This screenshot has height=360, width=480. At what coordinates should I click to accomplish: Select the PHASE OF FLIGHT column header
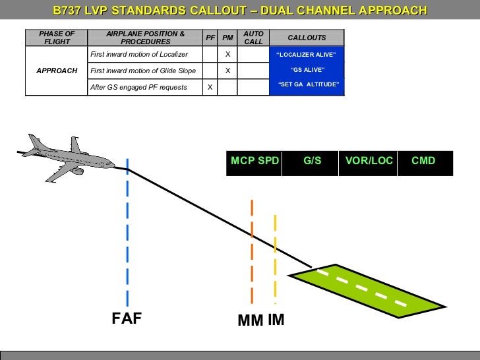point(57,38)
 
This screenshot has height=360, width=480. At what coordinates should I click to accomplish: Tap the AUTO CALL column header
point(253,38)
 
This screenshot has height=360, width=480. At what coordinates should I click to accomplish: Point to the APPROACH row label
point(57,71)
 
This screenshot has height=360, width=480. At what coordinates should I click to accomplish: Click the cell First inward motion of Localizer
point(139,54)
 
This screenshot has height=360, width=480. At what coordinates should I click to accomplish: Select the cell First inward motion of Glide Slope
point(143,71)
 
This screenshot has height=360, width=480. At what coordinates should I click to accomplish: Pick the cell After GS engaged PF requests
point(138,87)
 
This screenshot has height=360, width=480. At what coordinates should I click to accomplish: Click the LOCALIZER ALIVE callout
point(306,54)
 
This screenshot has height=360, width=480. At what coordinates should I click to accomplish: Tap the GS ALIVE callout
point(307,69)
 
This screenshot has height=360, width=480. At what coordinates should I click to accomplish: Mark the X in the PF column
point(210,87)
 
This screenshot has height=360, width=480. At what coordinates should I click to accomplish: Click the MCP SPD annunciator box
point(255,161)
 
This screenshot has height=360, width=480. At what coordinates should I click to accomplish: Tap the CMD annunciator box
point(423,161)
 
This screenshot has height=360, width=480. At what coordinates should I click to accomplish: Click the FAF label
point(127,319)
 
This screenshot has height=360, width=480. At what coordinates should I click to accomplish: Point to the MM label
point(251,321)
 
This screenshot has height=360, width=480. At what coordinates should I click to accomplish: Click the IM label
point(276,320)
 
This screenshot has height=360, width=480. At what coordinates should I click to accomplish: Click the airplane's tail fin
point(34,142)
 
